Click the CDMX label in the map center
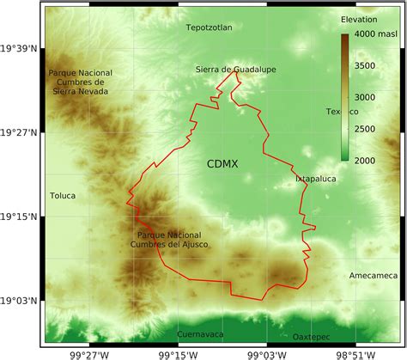coord(222,162)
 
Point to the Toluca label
coord(62,196)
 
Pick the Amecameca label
coord(374,275)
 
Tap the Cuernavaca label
coord(200,333)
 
